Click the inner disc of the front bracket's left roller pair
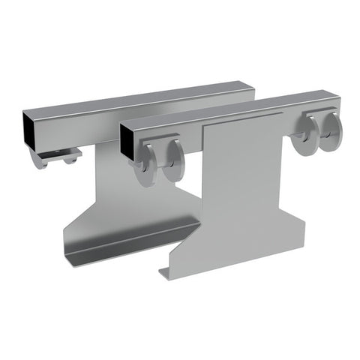click(174, 160)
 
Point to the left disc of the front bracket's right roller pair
click(305, 139)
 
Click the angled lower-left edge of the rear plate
click(79, 217)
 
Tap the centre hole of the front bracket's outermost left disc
click(142, 165)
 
